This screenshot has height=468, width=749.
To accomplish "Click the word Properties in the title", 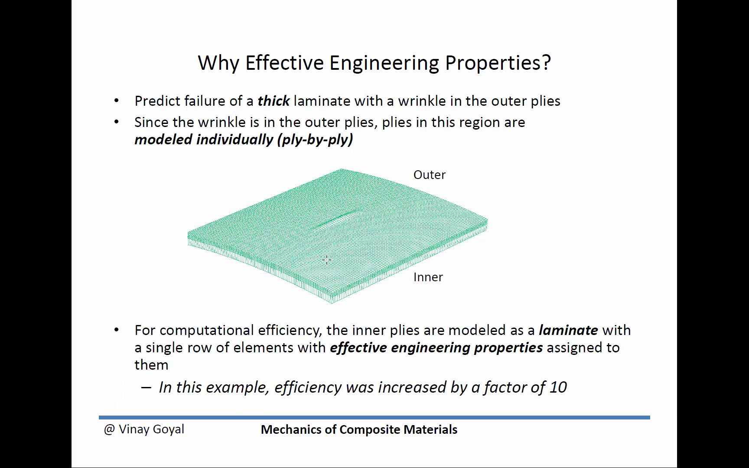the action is tap(498, 63).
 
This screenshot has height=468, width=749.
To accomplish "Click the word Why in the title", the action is tap(218, 63).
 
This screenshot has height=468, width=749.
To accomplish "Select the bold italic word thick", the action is tap(274, 101).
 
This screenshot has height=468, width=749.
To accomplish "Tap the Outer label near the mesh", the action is tap(430, 175).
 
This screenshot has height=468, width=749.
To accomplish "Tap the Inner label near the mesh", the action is tap(428, 277).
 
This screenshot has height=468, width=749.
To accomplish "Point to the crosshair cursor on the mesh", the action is tap(327, 260).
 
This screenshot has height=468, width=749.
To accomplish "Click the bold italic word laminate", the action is tap(568, 330).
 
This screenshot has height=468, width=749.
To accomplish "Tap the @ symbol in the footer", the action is tap(109, 429).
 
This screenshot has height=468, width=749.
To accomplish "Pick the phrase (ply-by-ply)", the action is tap(315, 140).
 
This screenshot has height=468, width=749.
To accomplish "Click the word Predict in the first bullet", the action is tap(157, 101).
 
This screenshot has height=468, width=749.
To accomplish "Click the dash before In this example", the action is tap(146, 387).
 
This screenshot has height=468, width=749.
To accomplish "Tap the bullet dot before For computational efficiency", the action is tap(116, 330).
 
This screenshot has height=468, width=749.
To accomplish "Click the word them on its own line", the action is tap(151, 365).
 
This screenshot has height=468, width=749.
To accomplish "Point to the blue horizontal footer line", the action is tap(374, 417).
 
